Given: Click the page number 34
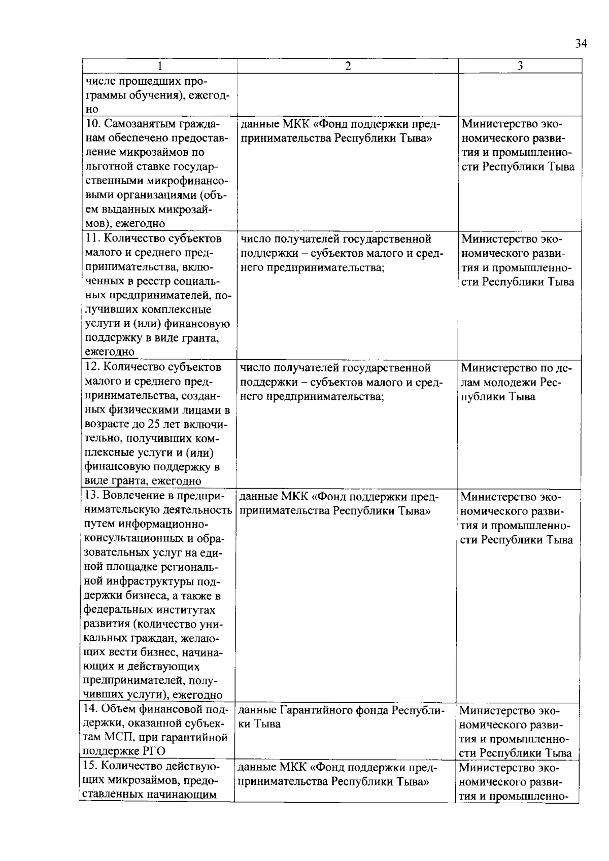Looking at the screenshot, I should pos(581,44).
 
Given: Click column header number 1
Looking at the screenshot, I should pos(160,66).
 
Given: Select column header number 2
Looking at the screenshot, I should pos(348,66).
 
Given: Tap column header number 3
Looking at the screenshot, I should pos(520,66).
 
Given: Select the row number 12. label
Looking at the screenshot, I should pos(91,367).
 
